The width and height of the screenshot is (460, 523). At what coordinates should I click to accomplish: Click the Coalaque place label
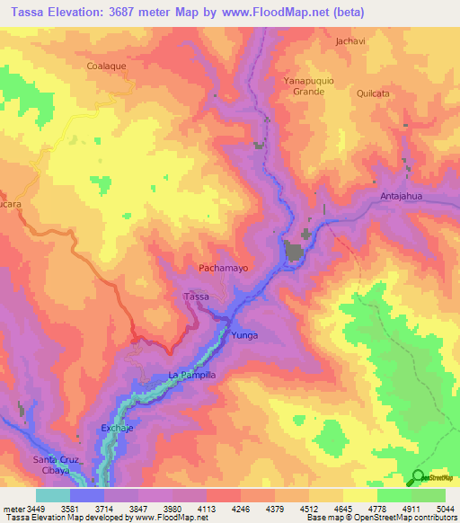point(109,66)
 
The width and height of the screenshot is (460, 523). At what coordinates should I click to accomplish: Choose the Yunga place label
point(244,335)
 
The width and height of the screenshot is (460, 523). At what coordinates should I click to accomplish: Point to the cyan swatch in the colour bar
point(52,495)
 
